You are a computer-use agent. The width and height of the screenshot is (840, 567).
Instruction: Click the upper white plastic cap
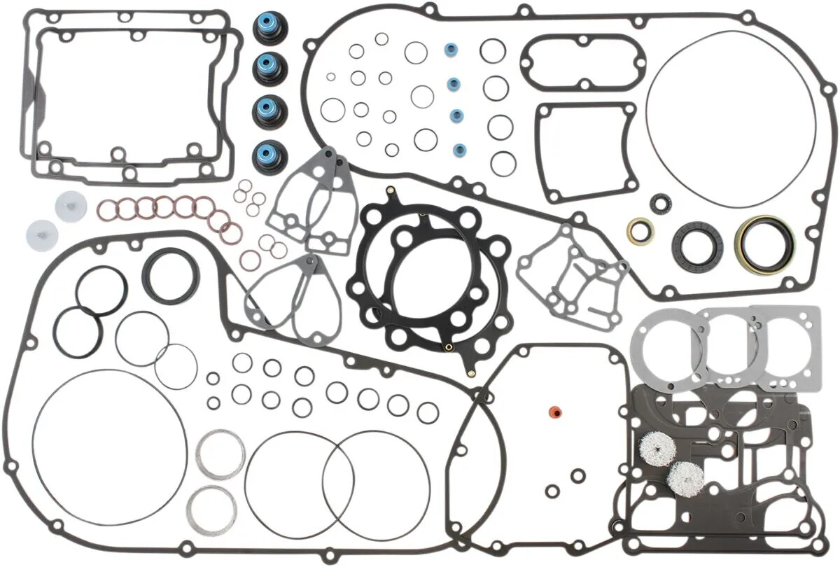[71, 206]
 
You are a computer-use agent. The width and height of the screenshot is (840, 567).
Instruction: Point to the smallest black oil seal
[659, 204]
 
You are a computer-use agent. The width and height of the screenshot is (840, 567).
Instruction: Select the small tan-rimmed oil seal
[640, 231]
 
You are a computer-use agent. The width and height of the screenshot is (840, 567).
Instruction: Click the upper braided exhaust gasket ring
[220, 454]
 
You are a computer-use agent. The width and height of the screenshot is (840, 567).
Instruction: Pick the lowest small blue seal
[459, 149]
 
